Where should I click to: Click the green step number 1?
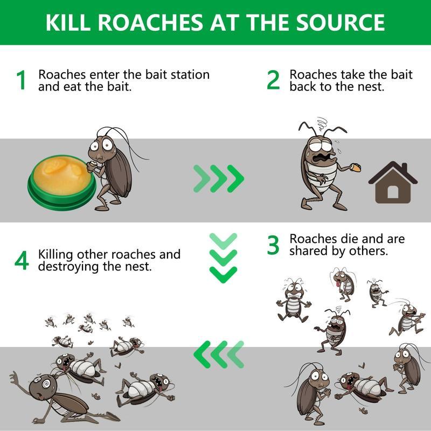click(x=22, y=81)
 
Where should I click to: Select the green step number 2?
click(x=274, y=81)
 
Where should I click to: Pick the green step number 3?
click(x=274, y=246)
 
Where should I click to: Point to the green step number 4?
click(x=22, y=261)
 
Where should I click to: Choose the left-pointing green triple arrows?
click(x=219, y=355)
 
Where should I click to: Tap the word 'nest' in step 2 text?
click(x=371, y=86)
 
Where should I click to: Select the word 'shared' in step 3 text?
click(x=310, y=251)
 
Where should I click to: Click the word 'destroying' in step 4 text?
click(x=68, y=266)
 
